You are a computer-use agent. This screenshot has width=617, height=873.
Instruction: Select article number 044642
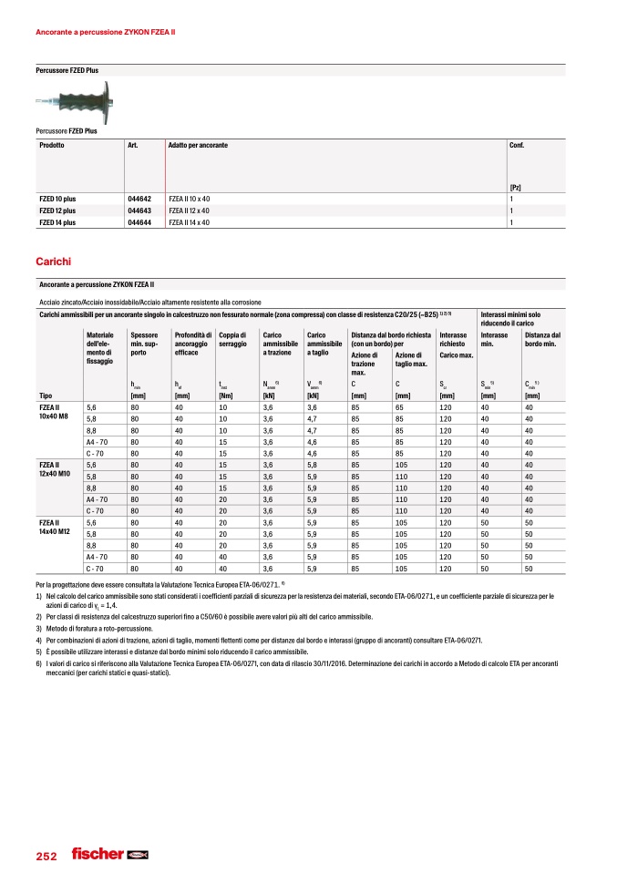[x=139, y=199]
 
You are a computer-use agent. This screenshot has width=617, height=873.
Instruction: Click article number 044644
[x=139, y=221]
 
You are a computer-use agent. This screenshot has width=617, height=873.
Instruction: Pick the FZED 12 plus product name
[x=57, y=211]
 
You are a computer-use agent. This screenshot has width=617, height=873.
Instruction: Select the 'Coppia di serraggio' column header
[x=232, y=341]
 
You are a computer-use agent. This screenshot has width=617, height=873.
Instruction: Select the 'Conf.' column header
[x=516, y=146]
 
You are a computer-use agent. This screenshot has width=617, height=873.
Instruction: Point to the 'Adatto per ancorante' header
[x=198, y=146]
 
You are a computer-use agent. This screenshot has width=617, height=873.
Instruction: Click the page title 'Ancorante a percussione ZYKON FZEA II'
[x=105, y=32]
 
